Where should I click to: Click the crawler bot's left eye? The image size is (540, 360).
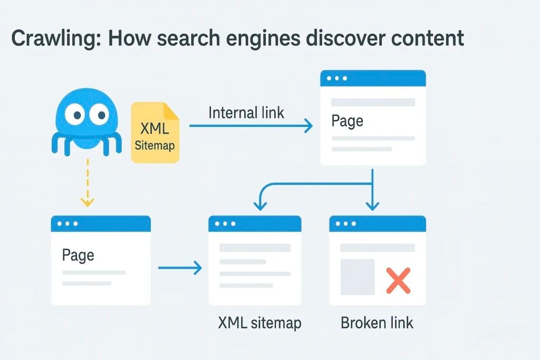pyautogui.click(x=76, y=113)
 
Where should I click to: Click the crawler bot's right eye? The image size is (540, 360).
pyautogui.click(x=99, y=113)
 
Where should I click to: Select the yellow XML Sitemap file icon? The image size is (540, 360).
pyautogui.click(x=155, y=133)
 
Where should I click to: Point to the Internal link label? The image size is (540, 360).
pyautogui.click(x=246, y=112)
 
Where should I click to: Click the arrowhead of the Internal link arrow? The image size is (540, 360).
pyautogui.click(x=308, y=126)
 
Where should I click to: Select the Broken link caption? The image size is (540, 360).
pyautogui.click(x=377, y=323)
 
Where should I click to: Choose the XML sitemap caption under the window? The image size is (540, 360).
pyautogui.click(x=259, y=323)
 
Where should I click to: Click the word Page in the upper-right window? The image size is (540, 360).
pyautogui.click(x=347, y=121)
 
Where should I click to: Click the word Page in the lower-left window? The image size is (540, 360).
pyautogui.click(x=78, y=255)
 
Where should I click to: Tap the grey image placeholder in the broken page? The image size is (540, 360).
pyautogui.click(x=358, y=277)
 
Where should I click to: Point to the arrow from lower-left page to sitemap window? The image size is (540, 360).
pyautogui.click(x=179, y=268)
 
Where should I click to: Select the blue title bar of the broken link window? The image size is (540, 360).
pyautogui.click(x=377, y=223)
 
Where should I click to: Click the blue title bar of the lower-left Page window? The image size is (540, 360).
pyautogui.click(x=100, y=223)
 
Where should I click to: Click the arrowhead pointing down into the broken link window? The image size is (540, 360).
pyautogui.click(x=373, y=206)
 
